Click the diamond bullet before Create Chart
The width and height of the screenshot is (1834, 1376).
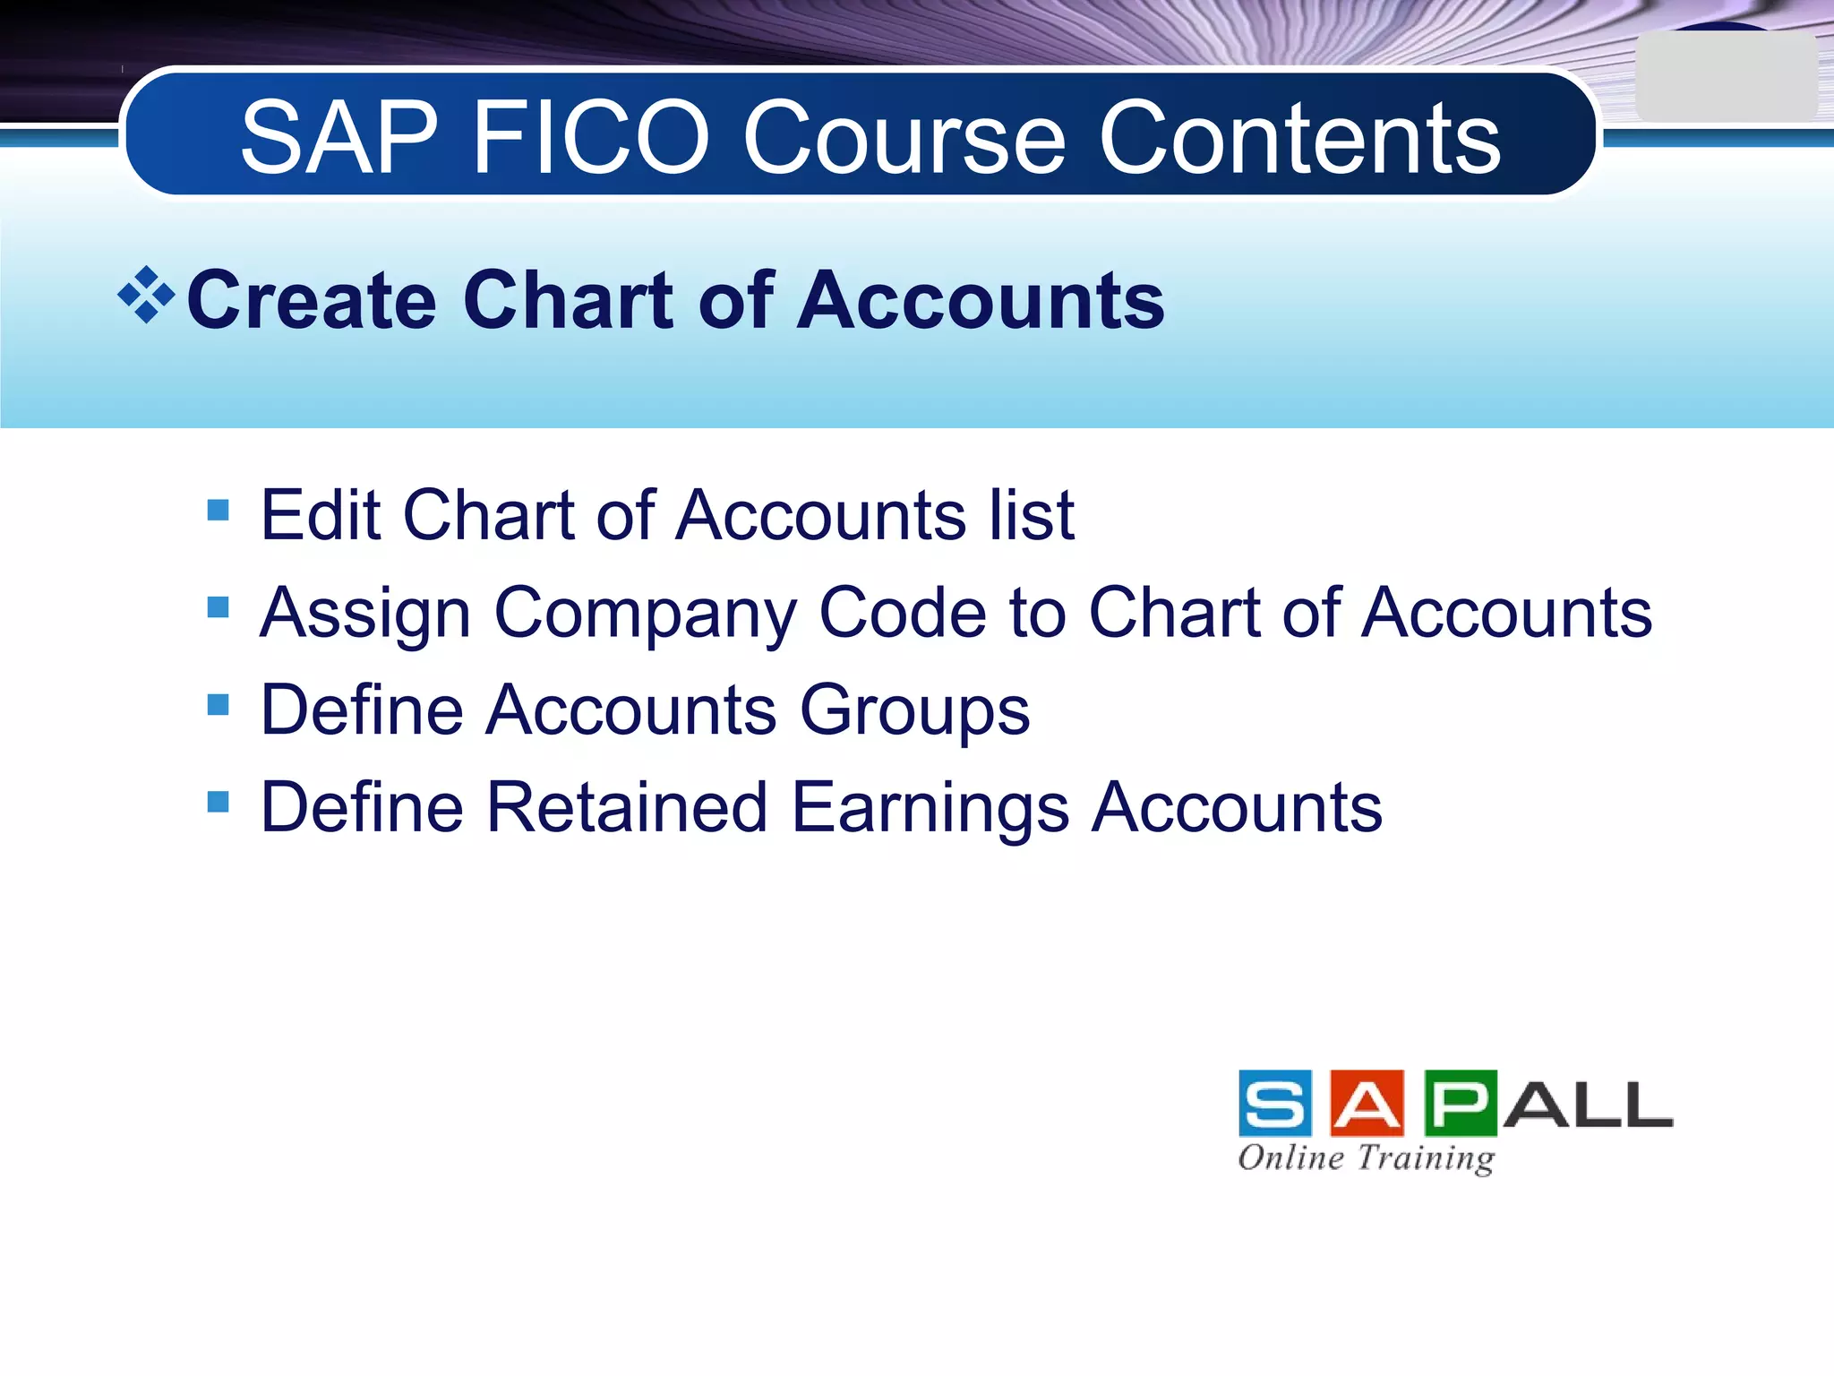click(146, 295)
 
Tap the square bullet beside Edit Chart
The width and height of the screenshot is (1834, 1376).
click(218, 511)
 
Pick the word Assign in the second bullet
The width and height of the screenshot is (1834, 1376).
click(364, 615)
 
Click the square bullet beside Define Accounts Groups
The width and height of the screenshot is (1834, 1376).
click(218, 705)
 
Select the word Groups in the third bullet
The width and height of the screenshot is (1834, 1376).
click(914, 712)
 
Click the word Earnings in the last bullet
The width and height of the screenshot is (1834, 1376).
click(930, 809)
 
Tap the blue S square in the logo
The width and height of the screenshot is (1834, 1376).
click(1275, 1103)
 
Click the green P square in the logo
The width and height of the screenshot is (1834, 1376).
click(1460, 1103)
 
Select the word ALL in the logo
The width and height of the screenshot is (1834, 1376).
click(1588, 1105)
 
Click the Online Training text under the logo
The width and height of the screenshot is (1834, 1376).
click(1366, 1158)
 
